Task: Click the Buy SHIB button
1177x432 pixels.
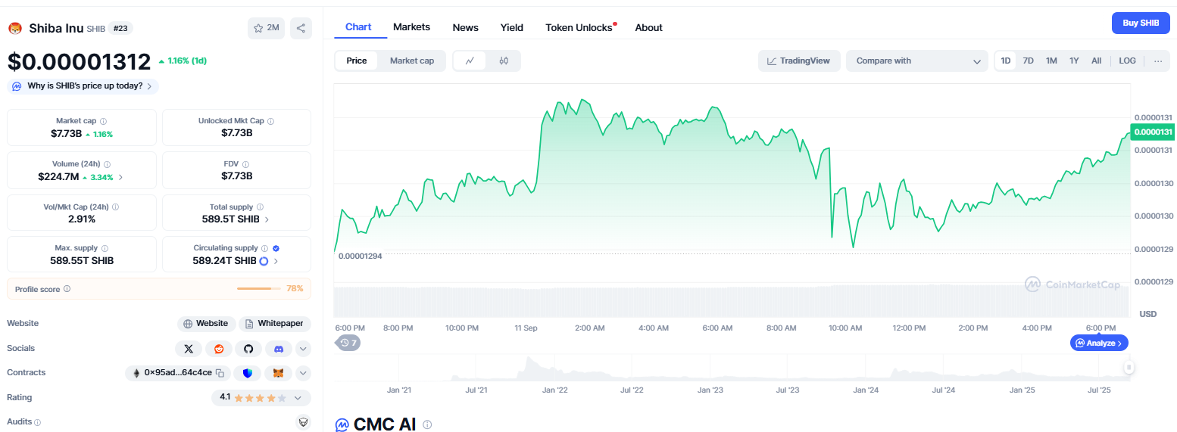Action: [x=1140, y=23]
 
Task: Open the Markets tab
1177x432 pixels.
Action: [x=411, y=27]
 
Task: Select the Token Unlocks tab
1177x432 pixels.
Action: [x=579, y=28]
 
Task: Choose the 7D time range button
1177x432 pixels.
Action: [x=1028, y=61]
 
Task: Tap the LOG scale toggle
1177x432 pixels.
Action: [x=1127, y=61]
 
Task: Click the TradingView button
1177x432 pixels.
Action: [x=799, y=61]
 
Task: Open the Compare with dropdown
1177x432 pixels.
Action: [x=916, y=61]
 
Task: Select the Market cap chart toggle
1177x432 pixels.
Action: [x=411, y=61]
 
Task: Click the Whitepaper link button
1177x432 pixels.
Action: [x=275, y=324]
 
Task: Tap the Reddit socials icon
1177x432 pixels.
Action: [x=219, y=349]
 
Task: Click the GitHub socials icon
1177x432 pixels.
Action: [x=248, y=349]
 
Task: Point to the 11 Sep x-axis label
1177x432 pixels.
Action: [x=526, y=328]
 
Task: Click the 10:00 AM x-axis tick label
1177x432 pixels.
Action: [x=845, y=328]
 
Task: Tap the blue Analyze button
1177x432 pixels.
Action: [x=1099, y=343]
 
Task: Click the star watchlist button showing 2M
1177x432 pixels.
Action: [x=266, y=28]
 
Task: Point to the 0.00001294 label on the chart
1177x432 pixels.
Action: [x=360, y=256]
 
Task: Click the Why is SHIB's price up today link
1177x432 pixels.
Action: [x=83, y=86]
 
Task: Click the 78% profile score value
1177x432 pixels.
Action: [x=295, y=288]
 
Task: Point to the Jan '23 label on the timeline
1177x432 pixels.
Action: [x=710, y=390]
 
